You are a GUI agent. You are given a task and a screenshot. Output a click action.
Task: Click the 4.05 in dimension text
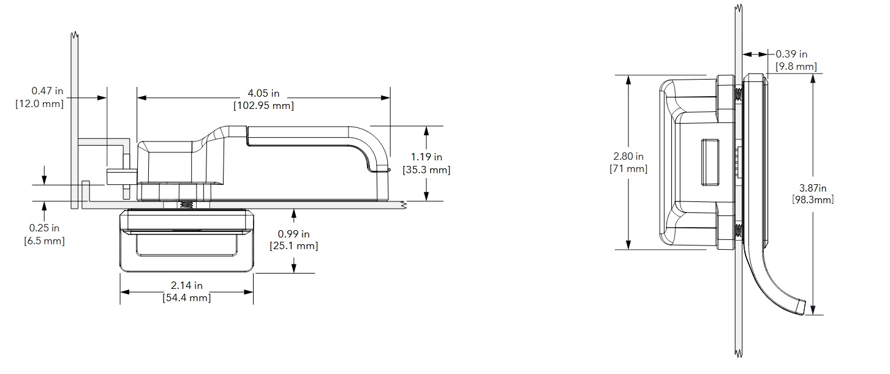click(x=263, y=93)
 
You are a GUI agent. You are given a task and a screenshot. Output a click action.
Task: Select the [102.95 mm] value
click(x=263, y=105)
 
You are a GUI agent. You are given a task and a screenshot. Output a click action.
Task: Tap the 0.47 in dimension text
click(x=47, y=92)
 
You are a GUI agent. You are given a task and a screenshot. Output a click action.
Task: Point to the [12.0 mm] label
click(x=39, y=103)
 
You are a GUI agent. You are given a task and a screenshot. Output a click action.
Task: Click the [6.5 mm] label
click(x=43, y=241)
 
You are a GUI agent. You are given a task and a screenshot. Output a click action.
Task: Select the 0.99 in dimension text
click(x=293, y=234)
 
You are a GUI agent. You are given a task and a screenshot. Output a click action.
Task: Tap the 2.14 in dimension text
click(x=186, y=285)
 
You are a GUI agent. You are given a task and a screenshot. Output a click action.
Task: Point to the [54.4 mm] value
click(x=186, y=298)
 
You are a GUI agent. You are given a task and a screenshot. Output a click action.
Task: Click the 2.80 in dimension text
click(x=629, y=156)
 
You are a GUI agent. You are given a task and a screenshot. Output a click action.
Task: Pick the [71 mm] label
click(x=629, y=168)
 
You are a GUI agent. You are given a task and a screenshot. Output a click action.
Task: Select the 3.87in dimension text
click(x=813, y=187)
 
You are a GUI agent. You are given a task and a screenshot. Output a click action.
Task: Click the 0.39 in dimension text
click(x=791, y=54)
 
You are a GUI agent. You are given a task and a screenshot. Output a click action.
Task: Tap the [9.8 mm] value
click(x=796, y=66)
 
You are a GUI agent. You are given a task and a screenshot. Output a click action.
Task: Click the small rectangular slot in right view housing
click(x=709, y=162)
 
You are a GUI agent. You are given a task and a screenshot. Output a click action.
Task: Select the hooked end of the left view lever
click(x=380, y=172)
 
